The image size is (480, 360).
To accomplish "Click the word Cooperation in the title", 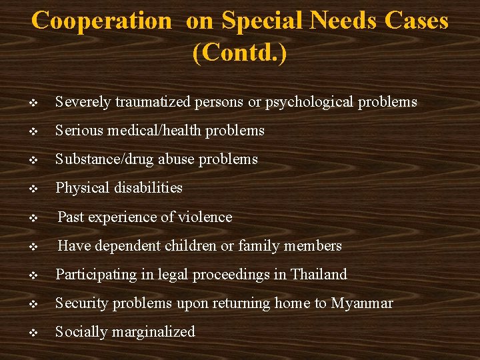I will pyautogui.click(x=101, y=21).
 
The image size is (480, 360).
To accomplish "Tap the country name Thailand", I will pyautogui.click(x=319, y=275).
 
